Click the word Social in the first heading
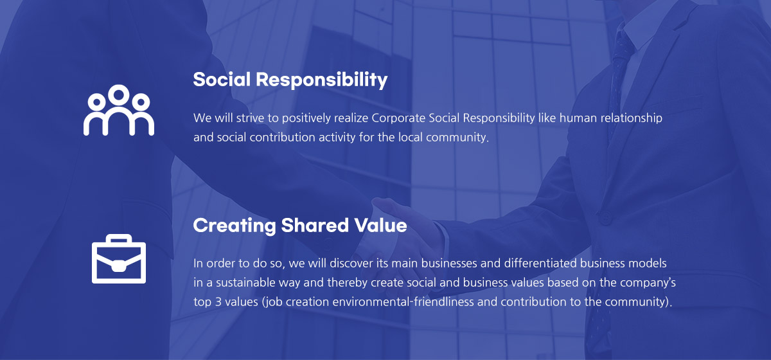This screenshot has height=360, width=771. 222,80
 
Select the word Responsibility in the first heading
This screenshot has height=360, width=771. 321,80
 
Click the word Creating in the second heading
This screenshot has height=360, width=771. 235,226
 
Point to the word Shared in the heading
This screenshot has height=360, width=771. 315,225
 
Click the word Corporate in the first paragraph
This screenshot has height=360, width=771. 398,118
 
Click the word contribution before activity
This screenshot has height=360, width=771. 282,138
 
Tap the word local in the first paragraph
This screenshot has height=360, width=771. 411,137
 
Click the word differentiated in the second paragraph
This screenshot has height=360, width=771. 540,263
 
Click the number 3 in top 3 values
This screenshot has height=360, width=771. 218,302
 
